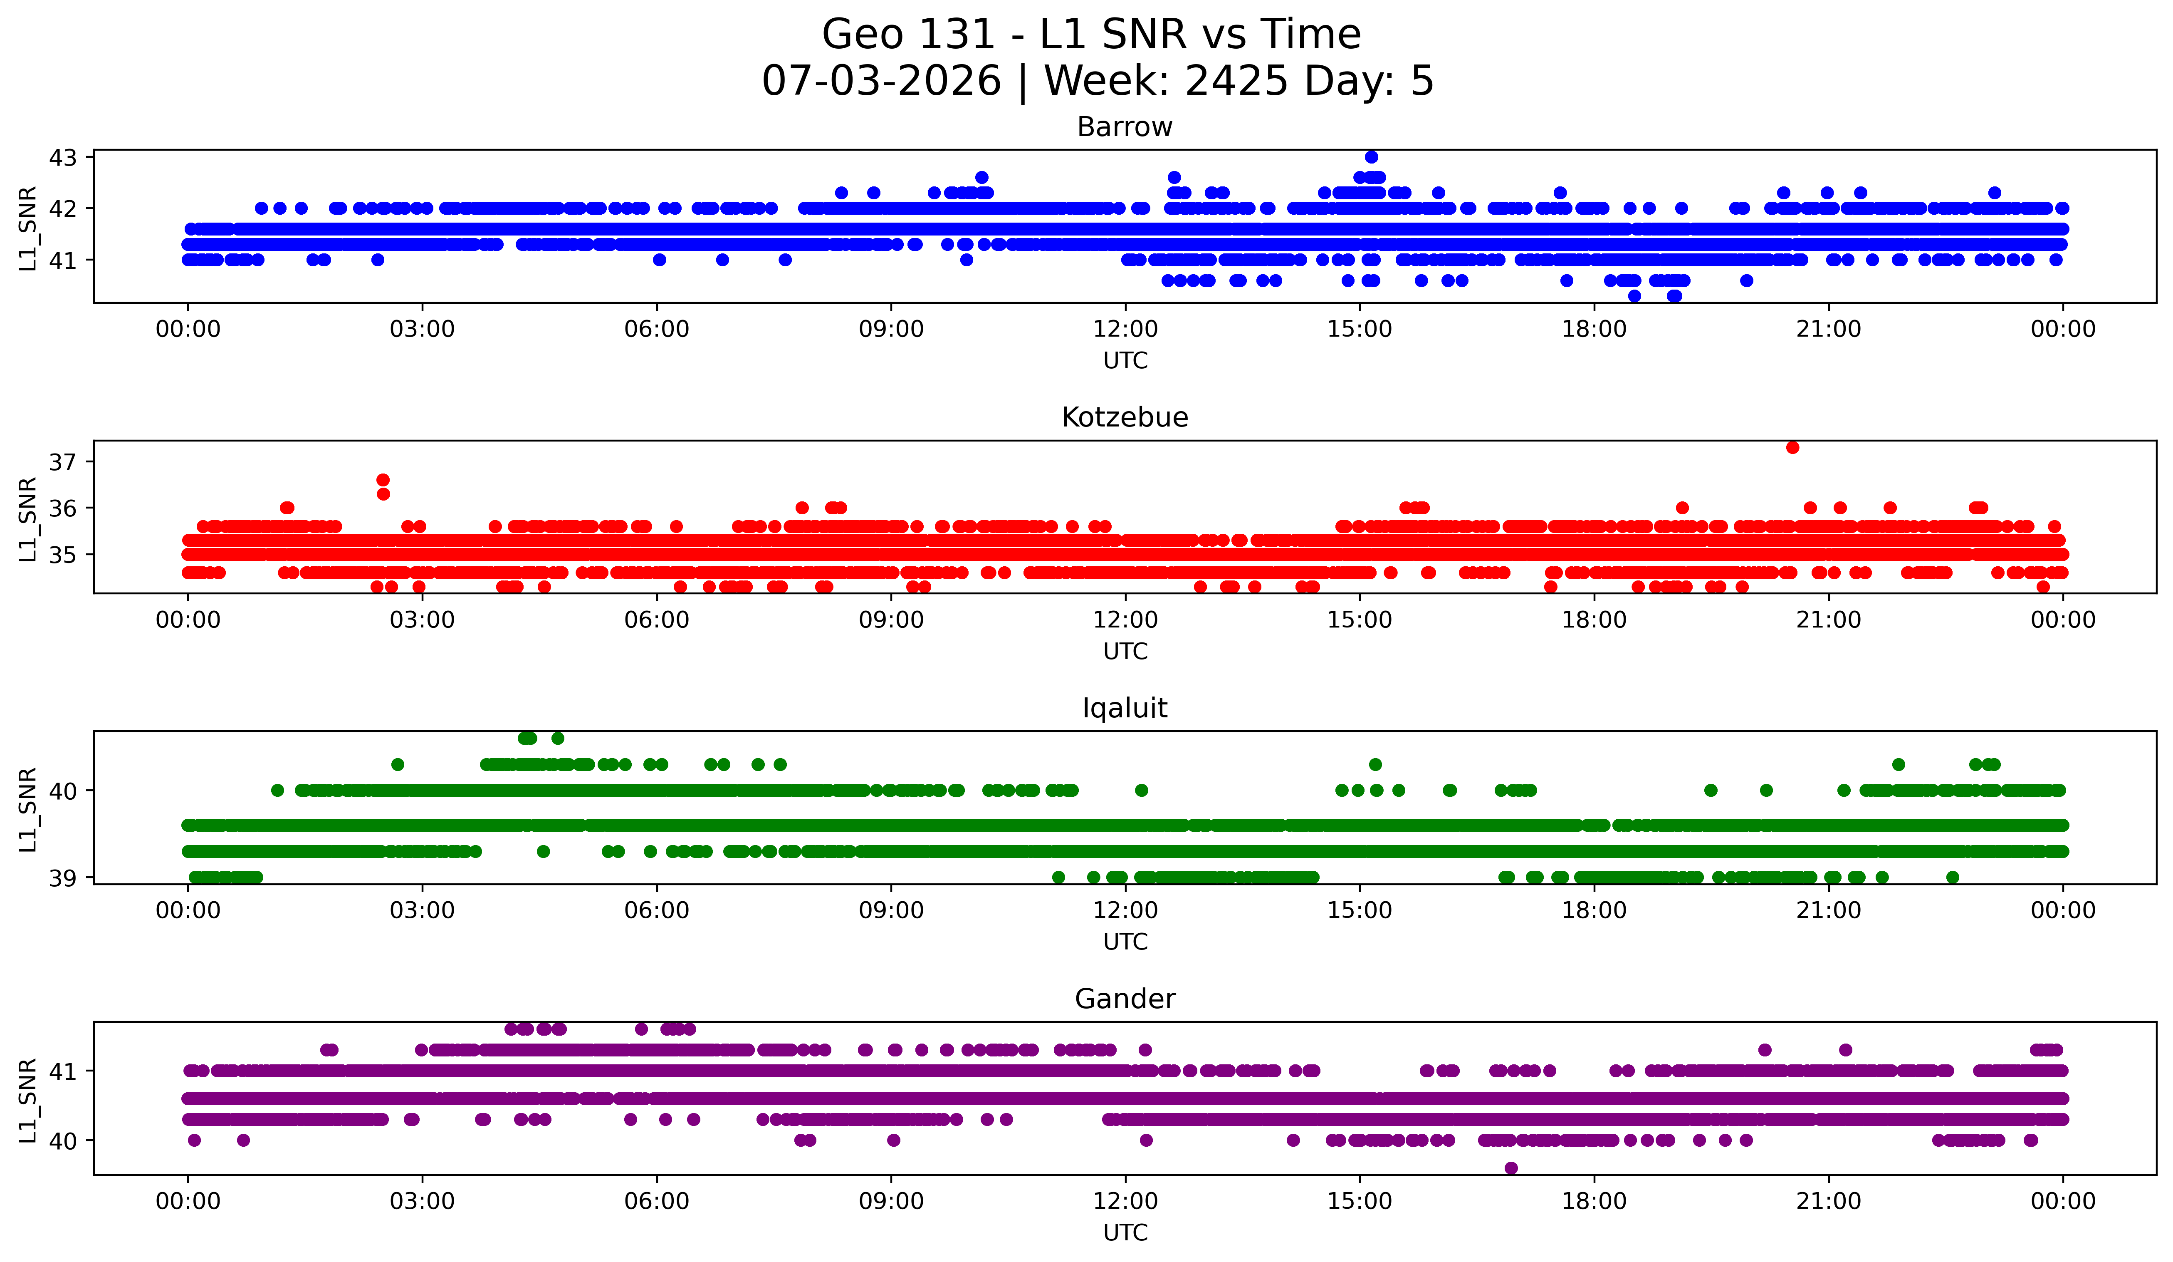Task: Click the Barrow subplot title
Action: tap(1125, 127)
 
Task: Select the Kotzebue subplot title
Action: tap(1125, 417)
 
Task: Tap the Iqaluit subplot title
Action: tap(1125, 708)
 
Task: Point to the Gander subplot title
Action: tap(1125, 999)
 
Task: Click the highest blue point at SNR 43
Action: tap(1371, 157)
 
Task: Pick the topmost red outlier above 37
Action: tap(1793, 447)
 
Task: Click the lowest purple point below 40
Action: tap(1511, 1168)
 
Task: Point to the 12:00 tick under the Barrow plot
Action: tap(1125, 330)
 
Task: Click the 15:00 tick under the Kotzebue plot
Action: tap(1360, 620)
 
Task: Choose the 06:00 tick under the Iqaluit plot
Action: tap(657, 911)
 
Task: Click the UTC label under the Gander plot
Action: tap(1125, 1233)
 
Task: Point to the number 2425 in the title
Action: tap(1237, 81)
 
